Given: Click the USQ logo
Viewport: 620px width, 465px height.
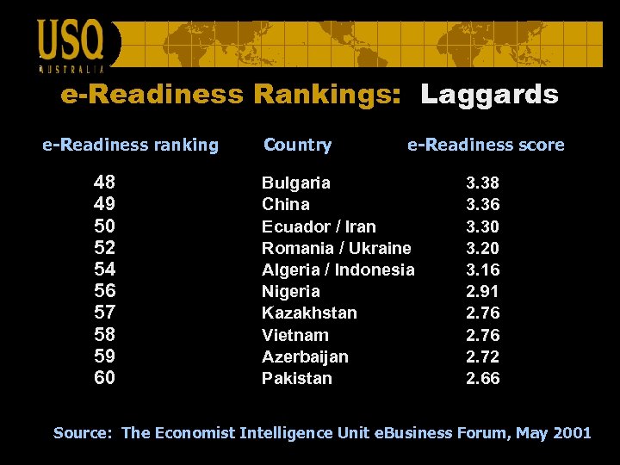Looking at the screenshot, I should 71,43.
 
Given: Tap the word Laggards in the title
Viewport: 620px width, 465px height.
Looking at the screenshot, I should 489,95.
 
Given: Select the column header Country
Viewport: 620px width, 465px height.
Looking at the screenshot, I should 297,145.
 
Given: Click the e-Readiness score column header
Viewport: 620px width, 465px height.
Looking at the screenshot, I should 486,145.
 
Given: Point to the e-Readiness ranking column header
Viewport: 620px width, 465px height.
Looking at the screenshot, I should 131,145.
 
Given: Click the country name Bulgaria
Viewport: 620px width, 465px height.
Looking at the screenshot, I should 295,183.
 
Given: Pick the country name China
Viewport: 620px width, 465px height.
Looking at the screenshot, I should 285,204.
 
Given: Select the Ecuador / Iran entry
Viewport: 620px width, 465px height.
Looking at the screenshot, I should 319,226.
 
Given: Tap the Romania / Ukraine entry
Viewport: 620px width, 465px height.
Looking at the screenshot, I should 336,248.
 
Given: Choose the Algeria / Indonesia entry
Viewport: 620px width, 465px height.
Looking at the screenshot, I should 338,270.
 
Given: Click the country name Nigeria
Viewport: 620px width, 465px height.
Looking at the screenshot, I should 290,291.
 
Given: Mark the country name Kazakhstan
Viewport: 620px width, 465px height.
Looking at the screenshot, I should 309,313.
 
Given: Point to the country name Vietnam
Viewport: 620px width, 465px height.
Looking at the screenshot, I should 294,335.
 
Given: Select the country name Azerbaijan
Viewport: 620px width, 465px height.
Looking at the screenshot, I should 305,356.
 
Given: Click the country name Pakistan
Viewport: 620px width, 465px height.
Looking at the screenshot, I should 296,378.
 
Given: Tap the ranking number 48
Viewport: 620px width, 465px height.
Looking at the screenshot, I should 105,183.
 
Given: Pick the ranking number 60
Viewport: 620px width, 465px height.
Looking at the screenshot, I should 105,378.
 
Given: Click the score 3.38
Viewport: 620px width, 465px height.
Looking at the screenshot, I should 482,183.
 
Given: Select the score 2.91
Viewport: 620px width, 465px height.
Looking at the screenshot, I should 482,291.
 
